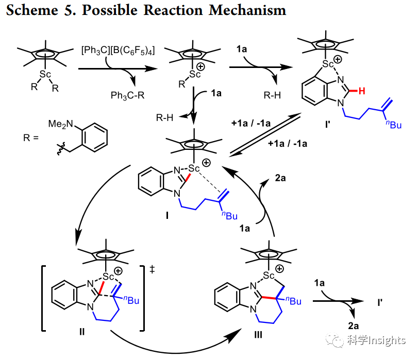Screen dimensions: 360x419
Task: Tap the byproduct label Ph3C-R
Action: coord(127,95)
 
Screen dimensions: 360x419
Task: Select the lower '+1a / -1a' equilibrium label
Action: coord(288,144)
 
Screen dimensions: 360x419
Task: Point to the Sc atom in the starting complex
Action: coord(45,75)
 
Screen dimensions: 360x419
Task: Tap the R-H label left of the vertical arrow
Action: coord(164,118)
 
